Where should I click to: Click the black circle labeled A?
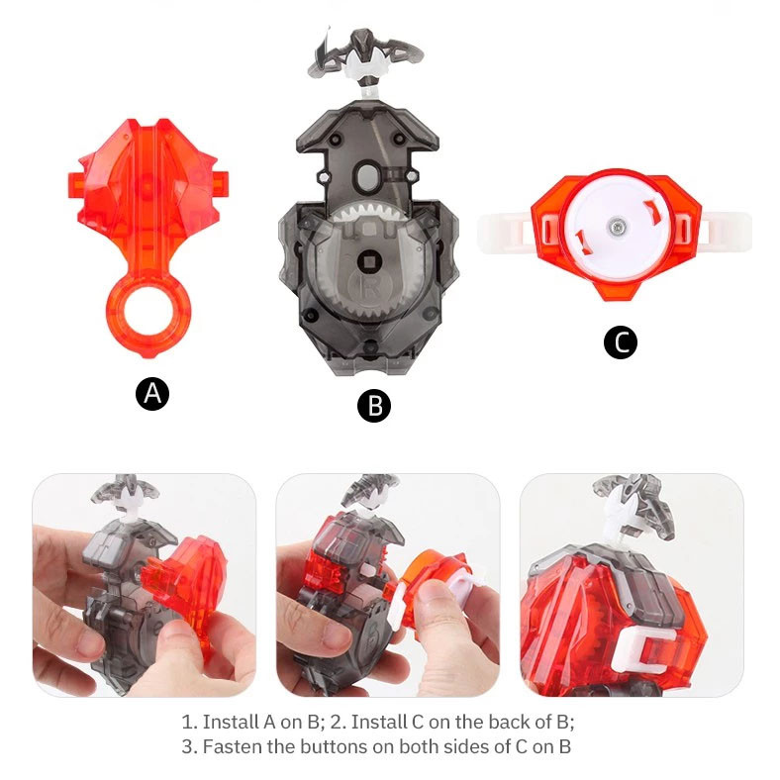click(152, 394)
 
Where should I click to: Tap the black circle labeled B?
click(374, 406)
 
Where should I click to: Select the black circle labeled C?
click(621, 342)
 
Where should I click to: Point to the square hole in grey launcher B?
click(369, 260)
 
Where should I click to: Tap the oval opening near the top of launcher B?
click(367, 176)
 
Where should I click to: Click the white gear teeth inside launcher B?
click(368, 213)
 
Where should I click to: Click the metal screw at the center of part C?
click(617, 228)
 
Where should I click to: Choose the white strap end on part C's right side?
click(726, 231)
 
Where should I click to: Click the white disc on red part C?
click(617, 228)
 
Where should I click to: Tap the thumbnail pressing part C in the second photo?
click(434, 593)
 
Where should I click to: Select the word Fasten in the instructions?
click(233, 746)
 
